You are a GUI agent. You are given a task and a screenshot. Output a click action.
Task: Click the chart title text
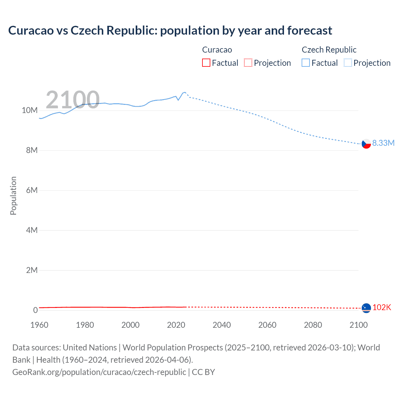click(170, 31)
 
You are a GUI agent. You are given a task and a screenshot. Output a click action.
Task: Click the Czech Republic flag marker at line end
click(366, 144)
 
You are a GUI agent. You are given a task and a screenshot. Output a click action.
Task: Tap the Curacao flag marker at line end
click(366, 308)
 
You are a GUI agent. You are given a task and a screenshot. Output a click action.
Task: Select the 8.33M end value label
click(383, 143)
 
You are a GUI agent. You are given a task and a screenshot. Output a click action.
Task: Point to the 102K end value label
click(382, 308)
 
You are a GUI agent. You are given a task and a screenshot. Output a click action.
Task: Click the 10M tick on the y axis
click(30, 110)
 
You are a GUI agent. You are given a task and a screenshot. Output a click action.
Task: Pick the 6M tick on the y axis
click(32, 190)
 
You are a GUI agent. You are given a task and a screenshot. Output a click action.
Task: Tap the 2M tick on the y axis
click(32, 270)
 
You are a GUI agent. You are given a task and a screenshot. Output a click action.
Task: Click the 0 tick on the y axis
click(35, 310)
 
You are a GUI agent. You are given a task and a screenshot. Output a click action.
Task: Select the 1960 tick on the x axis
click(39, 325)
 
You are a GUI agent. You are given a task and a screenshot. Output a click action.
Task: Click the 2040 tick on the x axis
click(222, 325)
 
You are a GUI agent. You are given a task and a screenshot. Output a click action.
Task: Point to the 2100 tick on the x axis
click(358, 325)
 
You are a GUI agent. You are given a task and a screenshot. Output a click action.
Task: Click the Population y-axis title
click(13, 196)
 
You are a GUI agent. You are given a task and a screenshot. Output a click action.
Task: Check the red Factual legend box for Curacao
click(206, 63)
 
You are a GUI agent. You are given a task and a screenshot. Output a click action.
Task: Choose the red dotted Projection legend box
click(248, 63)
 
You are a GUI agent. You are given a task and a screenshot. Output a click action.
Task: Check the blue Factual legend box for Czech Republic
click(305, 63)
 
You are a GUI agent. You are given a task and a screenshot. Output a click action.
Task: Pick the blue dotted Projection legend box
click(348, 63)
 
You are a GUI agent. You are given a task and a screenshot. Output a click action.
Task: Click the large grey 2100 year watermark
click(72, 100)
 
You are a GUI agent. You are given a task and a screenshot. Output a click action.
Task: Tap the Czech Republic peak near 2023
click(184, 92)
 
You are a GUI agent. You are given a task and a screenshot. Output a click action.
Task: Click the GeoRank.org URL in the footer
click(99, 372)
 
